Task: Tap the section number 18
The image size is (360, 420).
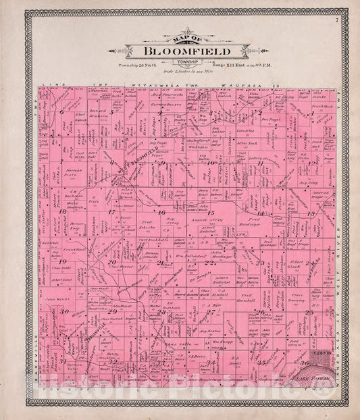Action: pos(63,211)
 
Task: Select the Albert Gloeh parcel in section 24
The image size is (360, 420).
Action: pos(296,262)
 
